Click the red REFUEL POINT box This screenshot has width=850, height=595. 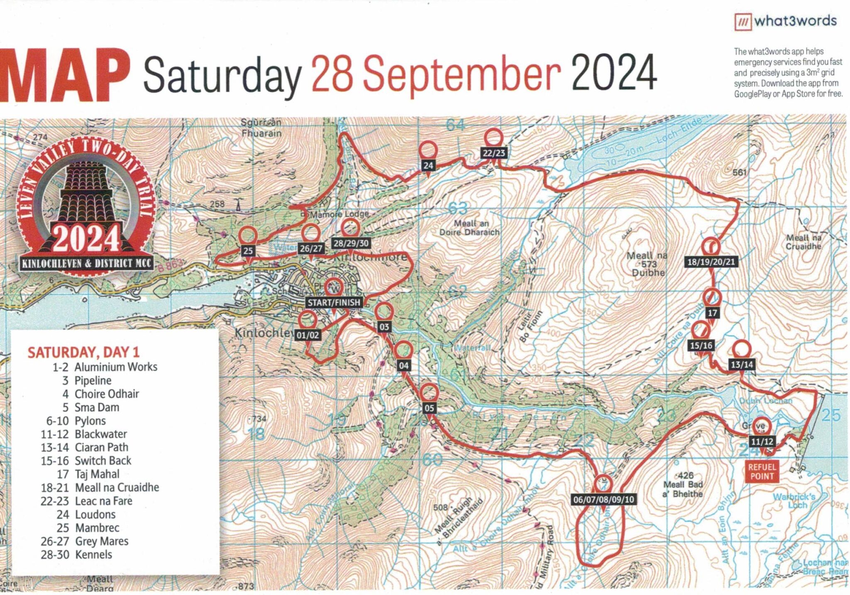point(762,471)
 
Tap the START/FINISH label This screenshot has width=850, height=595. point(334,302)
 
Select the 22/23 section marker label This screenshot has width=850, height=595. point(494,153)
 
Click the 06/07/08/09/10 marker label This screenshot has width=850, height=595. point(603,499)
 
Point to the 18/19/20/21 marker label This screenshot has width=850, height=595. point(711,262)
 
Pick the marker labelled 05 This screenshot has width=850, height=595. point(429,408)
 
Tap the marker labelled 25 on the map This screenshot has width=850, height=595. point(248,250)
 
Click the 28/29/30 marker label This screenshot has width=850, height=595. point(351,243)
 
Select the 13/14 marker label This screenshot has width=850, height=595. point(742,365)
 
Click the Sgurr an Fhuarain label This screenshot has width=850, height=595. point(261,128)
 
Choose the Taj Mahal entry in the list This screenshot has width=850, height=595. point(97,474)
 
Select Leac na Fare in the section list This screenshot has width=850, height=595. point(103,501)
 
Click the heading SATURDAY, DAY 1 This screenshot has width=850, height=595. point(83,353)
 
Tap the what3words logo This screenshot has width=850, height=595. point(785,21)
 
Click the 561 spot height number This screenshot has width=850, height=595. point(740,172)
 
